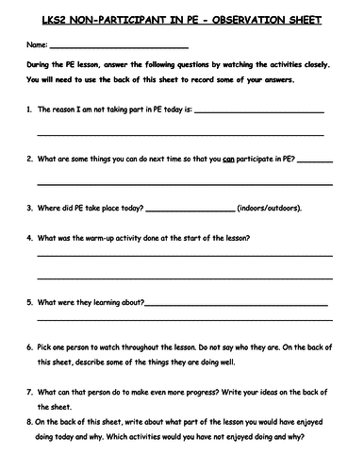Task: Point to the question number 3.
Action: [29, 208]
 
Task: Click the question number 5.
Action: [29, 304]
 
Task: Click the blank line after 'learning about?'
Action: [236, 305]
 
